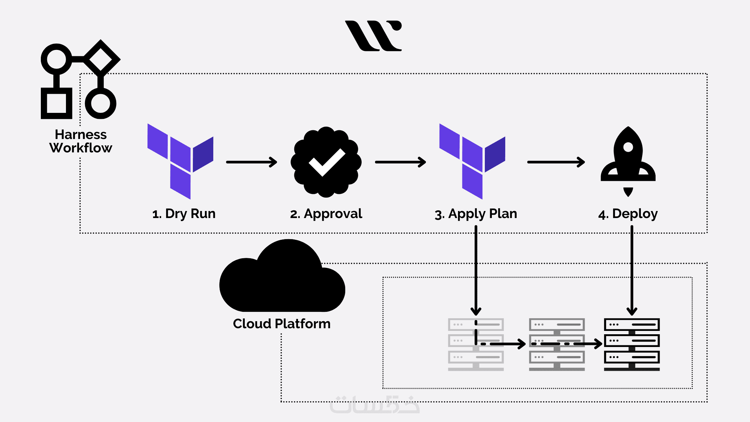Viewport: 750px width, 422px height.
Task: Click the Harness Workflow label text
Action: pyautogui.click(x=81, y=141)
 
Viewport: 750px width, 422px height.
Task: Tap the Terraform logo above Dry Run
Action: pyautogui.click(x=180, y=161)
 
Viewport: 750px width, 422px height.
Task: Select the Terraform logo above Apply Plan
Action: pyautogui.click(x=472, y=161)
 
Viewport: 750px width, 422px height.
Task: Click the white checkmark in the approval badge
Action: pyautogui.click(x=326, y=162)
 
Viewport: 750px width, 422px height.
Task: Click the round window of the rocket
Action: pyautogui.click(x=628, y=147)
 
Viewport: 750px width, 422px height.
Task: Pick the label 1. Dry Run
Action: pyautogui.click(x=184, y=214)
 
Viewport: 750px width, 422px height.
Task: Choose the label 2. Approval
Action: pyautogui.click(x=326, y=214)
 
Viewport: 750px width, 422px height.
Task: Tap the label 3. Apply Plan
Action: pyautogui.click(x=476, y=214)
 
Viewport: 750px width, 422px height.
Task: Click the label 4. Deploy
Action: pyautogui.click(x=628, y=214)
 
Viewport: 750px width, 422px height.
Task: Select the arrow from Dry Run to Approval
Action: pyautogui.click(x=251, y=162)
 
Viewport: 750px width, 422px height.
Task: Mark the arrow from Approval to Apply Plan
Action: pyautogui.click(x=400, y=162)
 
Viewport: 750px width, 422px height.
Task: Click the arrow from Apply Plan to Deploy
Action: pyautogui.click(x=556, y=162)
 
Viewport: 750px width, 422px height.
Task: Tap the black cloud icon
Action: pyautogui.click(x=282, y=278)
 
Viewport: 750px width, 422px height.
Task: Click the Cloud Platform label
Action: pyautogui.click(x=282, y=324)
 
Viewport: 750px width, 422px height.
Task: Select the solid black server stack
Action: pyautogui.click(x=632, y=344)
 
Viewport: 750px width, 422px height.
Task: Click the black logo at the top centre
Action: pyautogui.click(x=374, y=36)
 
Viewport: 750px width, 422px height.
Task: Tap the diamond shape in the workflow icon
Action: pyautogui.click(x=101, y=58)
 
